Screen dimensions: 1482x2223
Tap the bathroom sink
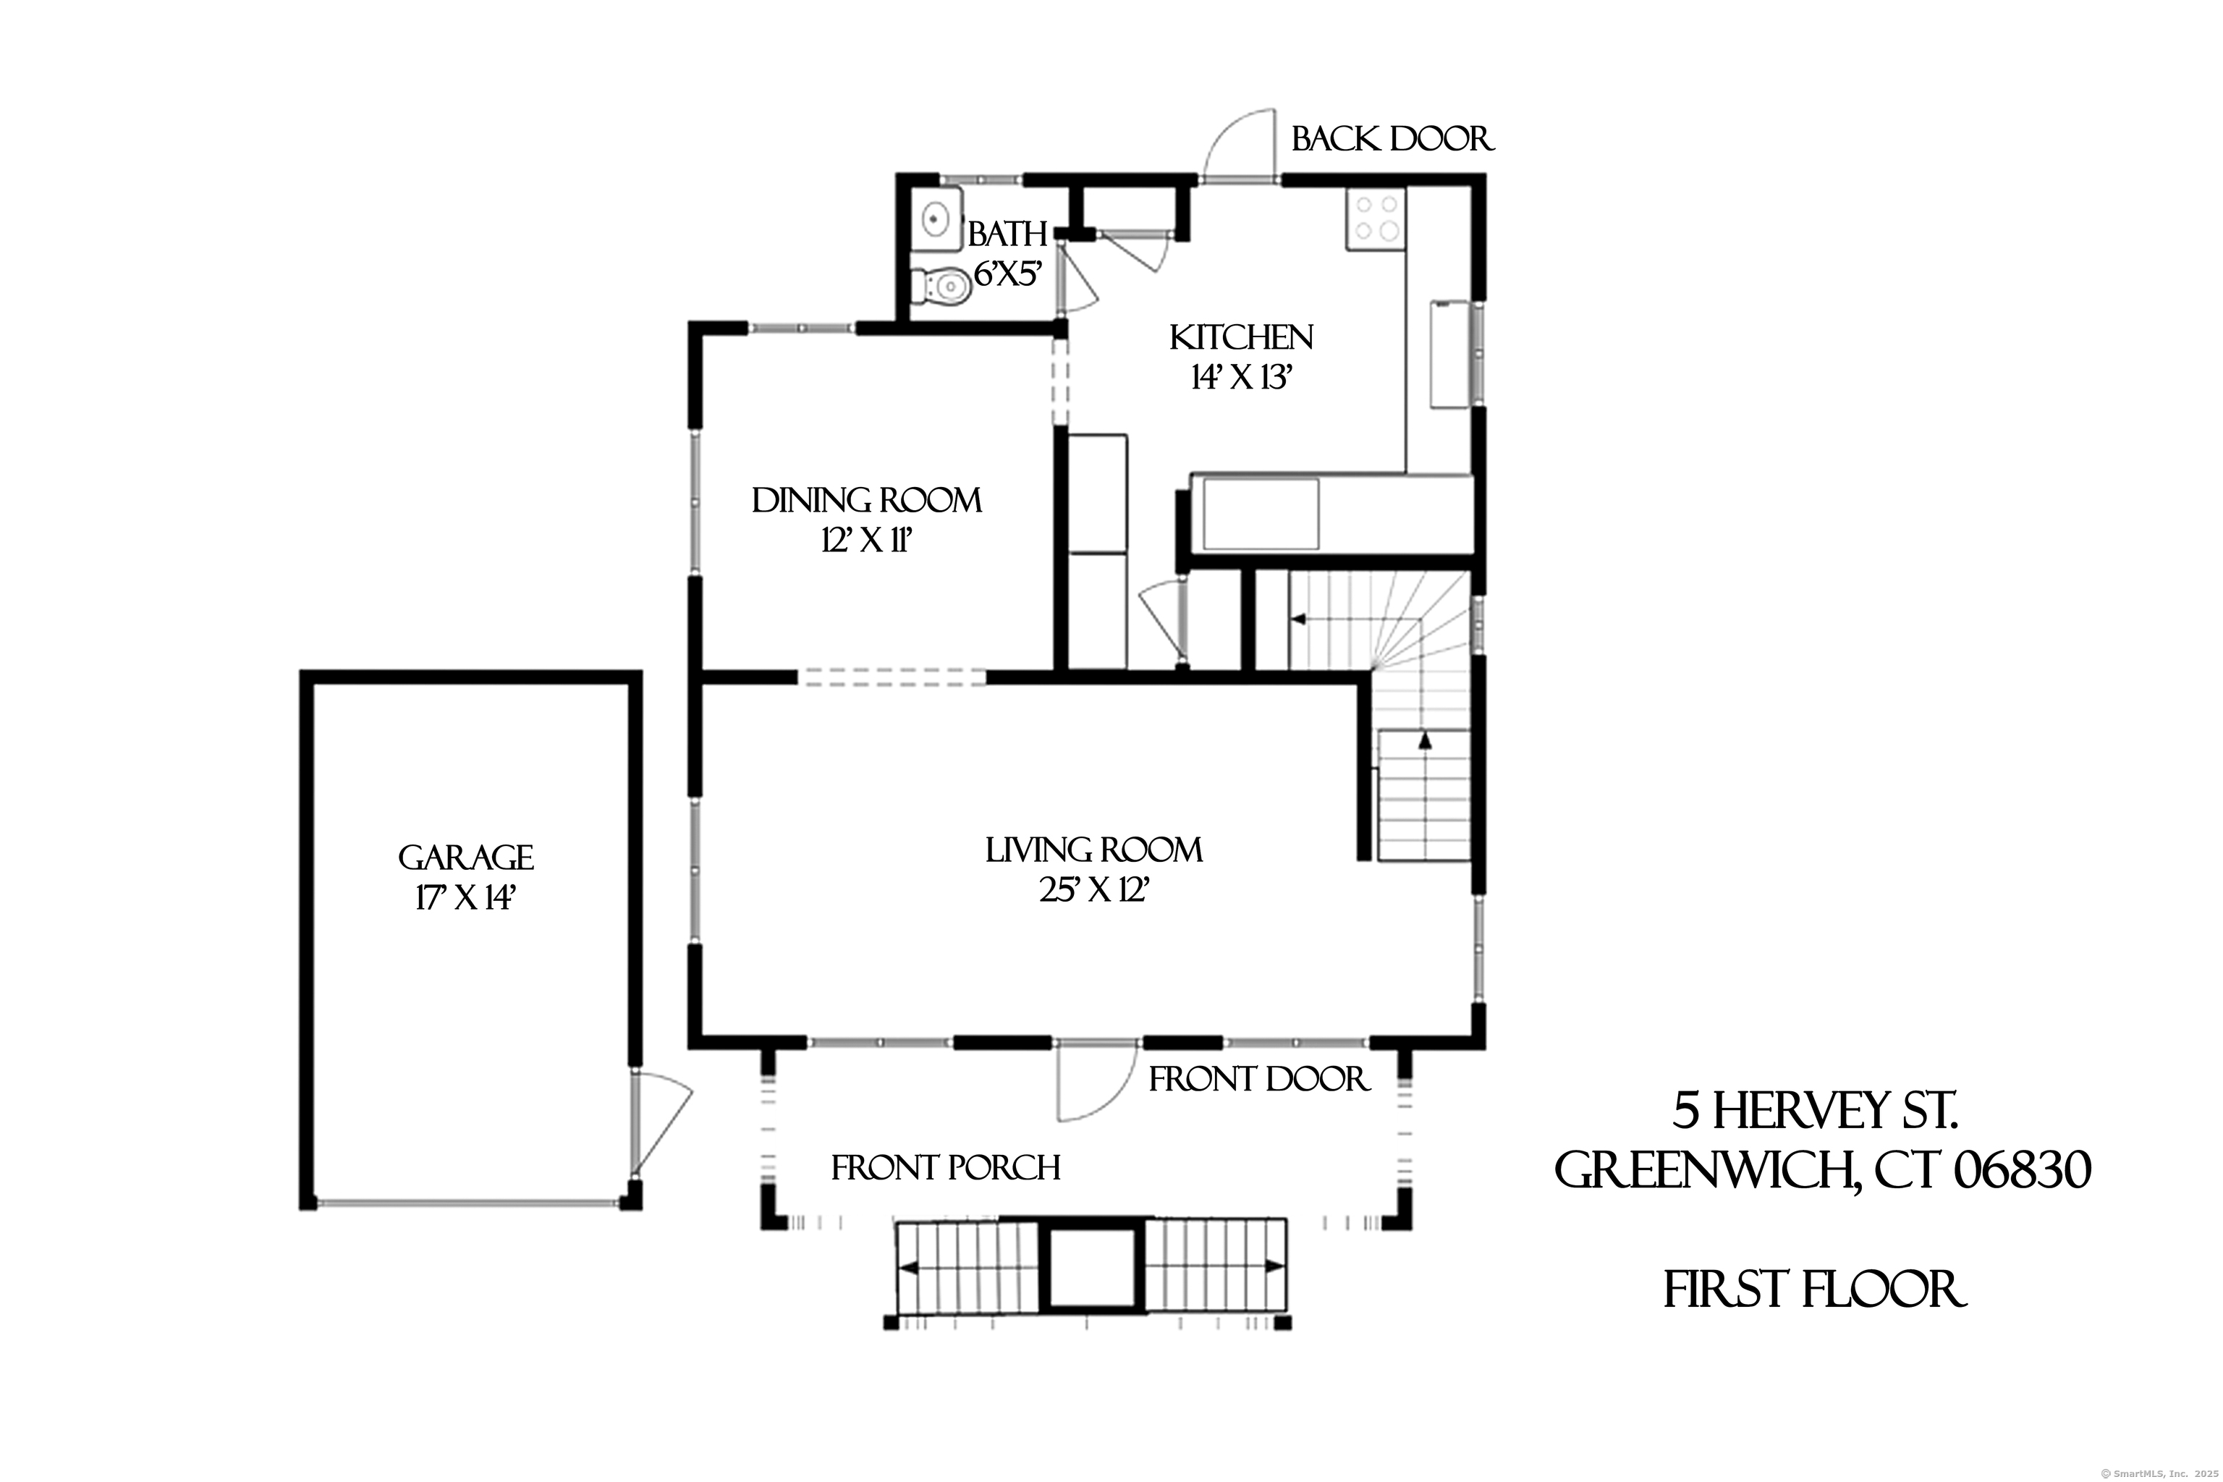(936, 219)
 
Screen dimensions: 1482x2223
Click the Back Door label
(1392, 140)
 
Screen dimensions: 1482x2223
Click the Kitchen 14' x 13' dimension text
(1240, 378)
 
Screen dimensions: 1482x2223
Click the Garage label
(465, 858)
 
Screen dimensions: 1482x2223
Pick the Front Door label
(1258, 1080)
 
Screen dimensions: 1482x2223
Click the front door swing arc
(1096, 1087)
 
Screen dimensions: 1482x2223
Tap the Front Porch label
(945, 1168)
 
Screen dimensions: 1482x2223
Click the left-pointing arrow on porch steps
(908, 1269)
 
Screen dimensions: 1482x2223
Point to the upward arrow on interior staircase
(1424, 740)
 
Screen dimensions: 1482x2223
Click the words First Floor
(1813, 1291)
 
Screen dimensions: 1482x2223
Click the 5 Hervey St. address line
(1813, 1111)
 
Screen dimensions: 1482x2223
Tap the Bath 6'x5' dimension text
(1007, 275)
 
